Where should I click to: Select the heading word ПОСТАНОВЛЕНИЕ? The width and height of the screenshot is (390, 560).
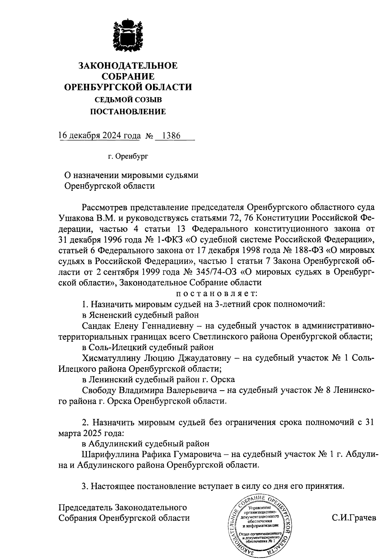point(128,112)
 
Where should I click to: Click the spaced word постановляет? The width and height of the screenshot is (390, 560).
point(216,294)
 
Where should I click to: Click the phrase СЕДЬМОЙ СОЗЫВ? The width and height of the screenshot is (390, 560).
point(128,100)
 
